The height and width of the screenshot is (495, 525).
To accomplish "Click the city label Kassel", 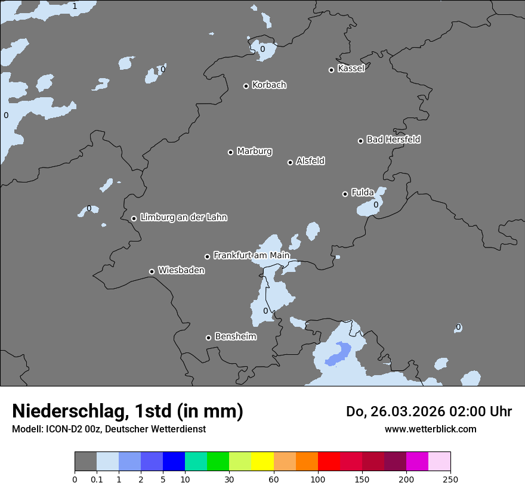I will [x=351, y=69].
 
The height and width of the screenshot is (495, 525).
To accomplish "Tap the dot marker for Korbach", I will [x=246, y=86].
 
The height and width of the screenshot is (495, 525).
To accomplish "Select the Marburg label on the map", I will [x=254, y=151].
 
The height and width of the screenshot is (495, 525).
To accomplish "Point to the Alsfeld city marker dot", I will [x=291, y=162].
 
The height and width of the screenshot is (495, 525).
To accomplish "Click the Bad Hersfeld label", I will [x=393, y=140].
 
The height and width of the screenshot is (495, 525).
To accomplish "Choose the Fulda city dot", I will [x=345, y=194].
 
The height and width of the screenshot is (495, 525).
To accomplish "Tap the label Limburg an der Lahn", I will [x=183, y=218].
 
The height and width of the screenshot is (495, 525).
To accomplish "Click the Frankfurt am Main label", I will [x=251, y=255].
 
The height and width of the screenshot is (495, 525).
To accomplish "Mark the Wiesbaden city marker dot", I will [x=152, y=271].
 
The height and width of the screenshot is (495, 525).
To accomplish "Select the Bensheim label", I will [x=235, y=337].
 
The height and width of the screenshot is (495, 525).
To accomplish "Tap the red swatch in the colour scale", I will [x=329, y=462].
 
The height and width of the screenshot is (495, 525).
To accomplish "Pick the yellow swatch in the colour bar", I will [x=262, y=462].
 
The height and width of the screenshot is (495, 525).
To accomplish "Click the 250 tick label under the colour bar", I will [x=450, y=479].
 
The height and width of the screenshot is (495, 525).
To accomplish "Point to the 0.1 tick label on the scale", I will [x=97, y=479].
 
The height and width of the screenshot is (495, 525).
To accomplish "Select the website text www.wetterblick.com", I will [x=430, y=429].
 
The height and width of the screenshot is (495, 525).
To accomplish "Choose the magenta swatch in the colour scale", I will [x=417, y=462].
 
